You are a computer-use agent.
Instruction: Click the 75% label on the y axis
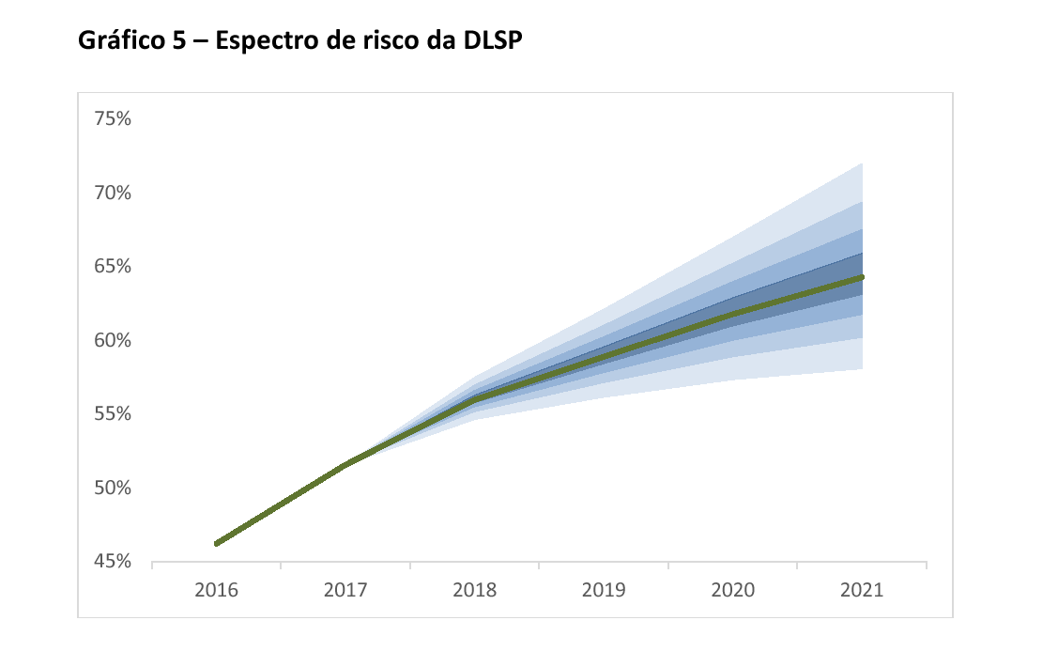[112, 119]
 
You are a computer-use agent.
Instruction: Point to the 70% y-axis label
[112, 194]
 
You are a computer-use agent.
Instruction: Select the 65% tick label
[112, 267]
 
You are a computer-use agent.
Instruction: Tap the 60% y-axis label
[112, 341]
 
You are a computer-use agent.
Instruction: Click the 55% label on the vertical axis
[112, 414]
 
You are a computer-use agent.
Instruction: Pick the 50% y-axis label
[112, 489]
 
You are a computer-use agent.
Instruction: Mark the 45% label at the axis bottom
[112, 563]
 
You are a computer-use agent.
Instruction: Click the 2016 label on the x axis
[217, 591]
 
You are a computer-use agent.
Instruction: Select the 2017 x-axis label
[345, 591]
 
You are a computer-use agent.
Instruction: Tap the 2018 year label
[475, 591]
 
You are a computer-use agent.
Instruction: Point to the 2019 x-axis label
[604, 591]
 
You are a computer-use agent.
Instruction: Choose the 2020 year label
[733, 591]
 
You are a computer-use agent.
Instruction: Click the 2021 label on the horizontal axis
[862, 591]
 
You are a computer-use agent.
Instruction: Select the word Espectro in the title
[258, 42]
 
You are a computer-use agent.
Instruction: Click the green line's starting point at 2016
[217, 543]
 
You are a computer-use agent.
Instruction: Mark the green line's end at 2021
[861, 277]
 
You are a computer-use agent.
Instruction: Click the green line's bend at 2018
[475, 399]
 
